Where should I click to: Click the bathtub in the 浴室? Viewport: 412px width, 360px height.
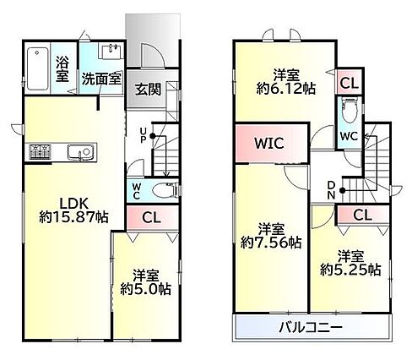tap(37, 68)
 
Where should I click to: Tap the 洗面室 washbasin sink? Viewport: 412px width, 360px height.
tap(111, 52)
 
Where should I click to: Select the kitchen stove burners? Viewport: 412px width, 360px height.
tap(41, 151)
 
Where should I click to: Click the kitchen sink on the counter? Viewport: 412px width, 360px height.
tap(80, 152)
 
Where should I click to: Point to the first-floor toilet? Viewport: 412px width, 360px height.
tap(165, 191)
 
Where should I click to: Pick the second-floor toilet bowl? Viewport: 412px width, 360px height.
tap(350, 111)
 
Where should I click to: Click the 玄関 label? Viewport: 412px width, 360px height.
tap(148, 90)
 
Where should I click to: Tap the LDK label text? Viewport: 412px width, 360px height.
tap(73, 203)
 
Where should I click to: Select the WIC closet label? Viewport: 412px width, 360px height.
tap(269, 143)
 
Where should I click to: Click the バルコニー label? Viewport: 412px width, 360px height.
tap(311, 327)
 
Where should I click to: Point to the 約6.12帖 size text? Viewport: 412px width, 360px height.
tap(286, 89)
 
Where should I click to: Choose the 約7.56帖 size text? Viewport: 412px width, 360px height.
tap(271, 243)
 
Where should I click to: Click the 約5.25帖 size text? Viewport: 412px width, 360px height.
tap(350, 270)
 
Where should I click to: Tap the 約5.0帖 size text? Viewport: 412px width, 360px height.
tap(146, 289)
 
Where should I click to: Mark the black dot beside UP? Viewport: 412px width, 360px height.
tap(153, 136)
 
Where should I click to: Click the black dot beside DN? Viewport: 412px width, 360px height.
tap(342, 190)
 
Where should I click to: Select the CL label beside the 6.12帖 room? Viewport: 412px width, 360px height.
tap(350, 83)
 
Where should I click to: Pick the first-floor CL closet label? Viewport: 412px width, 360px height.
tap(151, 217)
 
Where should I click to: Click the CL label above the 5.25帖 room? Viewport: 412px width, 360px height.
tap(362, 215)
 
